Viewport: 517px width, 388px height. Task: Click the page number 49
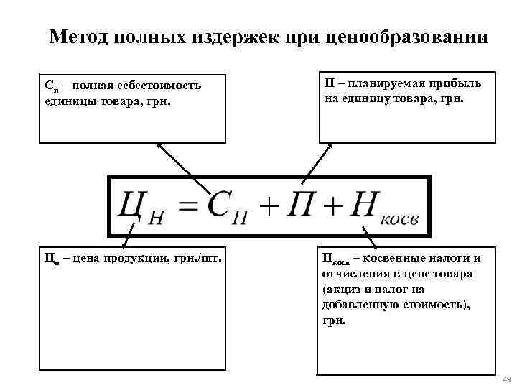(x=506, y=379)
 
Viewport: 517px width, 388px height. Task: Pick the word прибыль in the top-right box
(x=457, y=84)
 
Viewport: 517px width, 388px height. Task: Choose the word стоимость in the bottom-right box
(x=433, y=306)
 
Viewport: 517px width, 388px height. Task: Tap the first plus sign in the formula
(x=269, y=207)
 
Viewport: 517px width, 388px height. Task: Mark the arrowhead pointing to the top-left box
(x=159, y=146)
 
